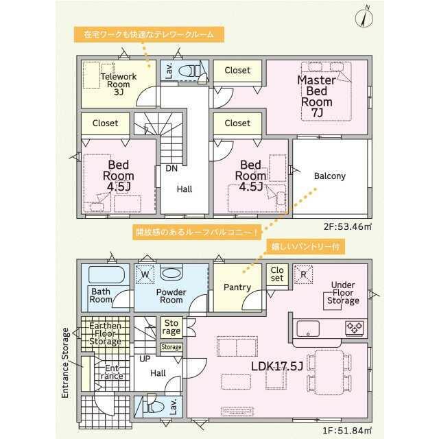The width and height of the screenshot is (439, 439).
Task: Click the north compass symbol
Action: pos(364,17)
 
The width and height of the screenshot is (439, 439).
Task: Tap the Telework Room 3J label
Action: pos(119,84)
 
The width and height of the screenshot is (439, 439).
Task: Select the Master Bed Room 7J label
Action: pos(317,96)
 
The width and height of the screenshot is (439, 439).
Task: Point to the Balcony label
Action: pos(329,176)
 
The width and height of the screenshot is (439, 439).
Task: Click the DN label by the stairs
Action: pos(171,168)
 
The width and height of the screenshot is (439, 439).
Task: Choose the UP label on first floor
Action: pos(145,359)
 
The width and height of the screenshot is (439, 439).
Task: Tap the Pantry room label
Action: pos(237,287)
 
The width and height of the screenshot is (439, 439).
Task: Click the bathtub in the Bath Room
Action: pos(106,274)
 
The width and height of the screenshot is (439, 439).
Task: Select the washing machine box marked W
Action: pos(145,274)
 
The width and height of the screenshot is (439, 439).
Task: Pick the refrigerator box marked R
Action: pos(303,274)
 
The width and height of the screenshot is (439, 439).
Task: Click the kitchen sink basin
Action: pos(308,329)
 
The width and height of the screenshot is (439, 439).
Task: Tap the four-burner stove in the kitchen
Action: pos(355,328)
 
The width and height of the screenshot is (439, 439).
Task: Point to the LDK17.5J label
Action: pos(277,366)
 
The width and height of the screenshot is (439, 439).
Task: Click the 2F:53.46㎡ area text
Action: pos(348,226)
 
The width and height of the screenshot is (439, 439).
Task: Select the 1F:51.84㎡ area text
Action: pos(348,430)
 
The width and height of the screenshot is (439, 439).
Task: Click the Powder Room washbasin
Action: pos(171,272)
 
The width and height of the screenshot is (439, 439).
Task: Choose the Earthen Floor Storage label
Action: pos(105,334)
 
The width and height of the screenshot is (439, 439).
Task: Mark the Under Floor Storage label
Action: pos(343,293)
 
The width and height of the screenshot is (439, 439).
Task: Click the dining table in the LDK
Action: pos(329,372)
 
